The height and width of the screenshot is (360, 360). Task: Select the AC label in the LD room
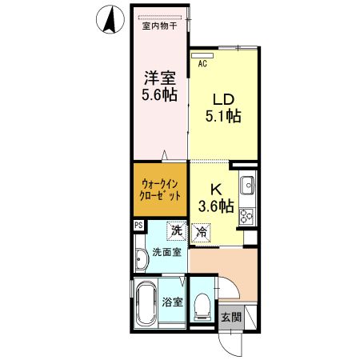pos(202,62)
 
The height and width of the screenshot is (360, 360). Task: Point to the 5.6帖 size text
pos(159,95)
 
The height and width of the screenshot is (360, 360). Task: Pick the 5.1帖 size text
pos(223,117)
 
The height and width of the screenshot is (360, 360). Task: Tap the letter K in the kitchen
pos(215,190)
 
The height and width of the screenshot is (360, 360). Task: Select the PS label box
pos(138,226)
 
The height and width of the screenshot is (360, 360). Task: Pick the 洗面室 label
pos(166,253)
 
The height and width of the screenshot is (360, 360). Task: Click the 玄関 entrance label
pos(231,317)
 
